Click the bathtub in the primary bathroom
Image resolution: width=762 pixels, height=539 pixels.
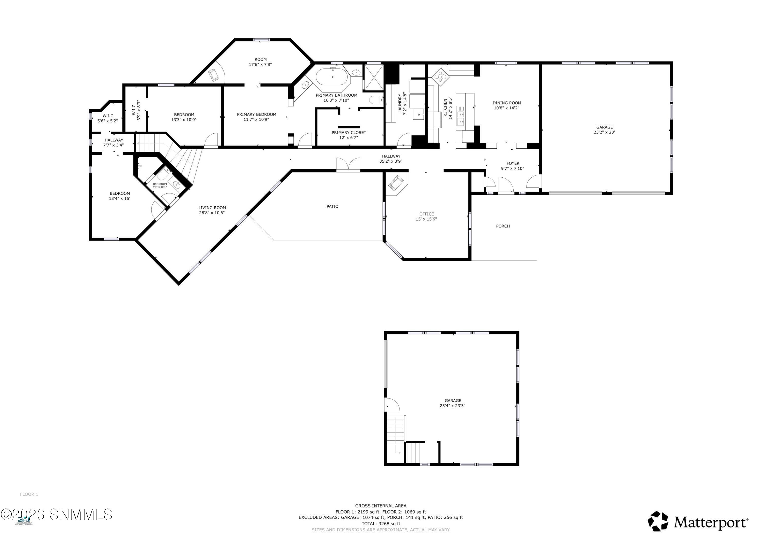[332, 77]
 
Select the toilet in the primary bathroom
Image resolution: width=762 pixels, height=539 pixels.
[376, 99]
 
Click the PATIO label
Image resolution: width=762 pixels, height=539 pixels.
[332, 207]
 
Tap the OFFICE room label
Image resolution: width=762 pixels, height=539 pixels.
[426, 214]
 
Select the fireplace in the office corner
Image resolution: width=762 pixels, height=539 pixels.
[396, 183]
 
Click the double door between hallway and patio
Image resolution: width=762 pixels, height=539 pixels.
[348, 165]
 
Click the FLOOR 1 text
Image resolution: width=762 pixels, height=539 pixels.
[29, 494]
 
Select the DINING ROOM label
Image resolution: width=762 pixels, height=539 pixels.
[507, 103]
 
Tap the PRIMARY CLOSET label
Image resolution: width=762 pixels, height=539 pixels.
[349, 132]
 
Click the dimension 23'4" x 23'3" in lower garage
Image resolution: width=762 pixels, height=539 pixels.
[453, 406]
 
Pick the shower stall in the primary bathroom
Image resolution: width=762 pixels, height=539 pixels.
[374, 77]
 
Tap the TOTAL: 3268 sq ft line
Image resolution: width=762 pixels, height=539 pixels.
[381, 524]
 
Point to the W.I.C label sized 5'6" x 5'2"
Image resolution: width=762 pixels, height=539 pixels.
[107, 116]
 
